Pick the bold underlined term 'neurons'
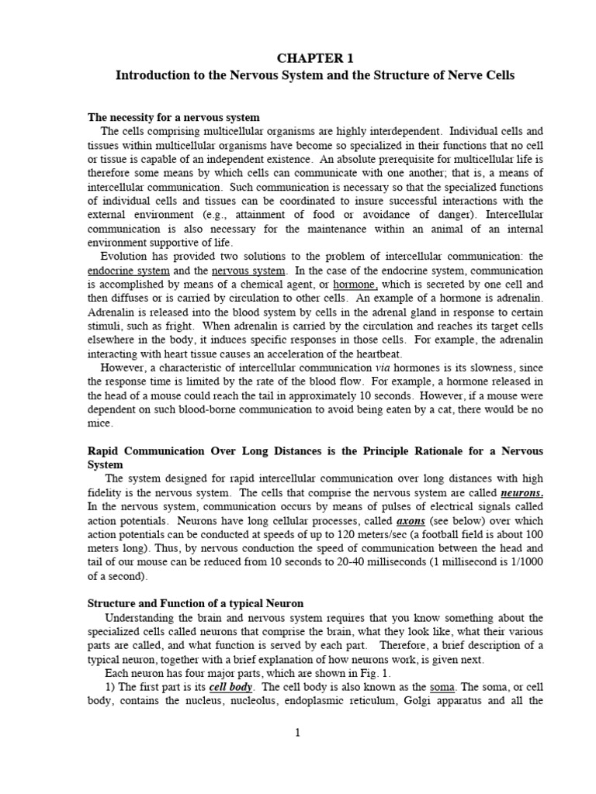(521, 493)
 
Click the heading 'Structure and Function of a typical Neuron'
(195, 603)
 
